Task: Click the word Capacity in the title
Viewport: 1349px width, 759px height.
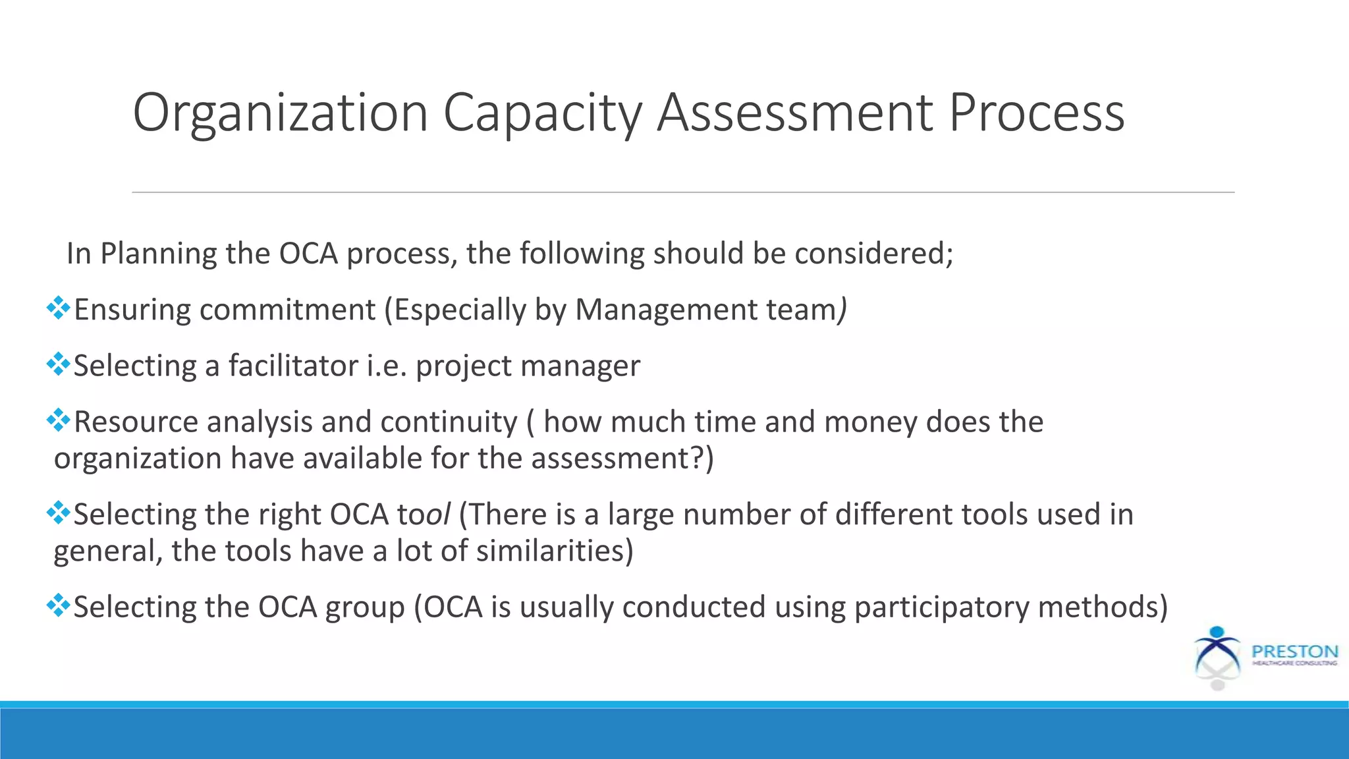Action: (542, 113)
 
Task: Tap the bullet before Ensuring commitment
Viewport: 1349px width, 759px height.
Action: (59, 308)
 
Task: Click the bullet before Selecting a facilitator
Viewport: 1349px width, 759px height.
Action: (59, 364)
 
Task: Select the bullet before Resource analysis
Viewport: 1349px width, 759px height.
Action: (59, 420)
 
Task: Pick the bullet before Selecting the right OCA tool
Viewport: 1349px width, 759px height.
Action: (59, 513)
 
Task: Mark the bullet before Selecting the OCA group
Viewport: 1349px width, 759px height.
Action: (59, 605)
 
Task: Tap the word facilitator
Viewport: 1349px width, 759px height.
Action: (293, 366)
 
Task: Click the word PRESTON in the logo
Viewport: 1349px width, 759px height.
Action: (1295, 651)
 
